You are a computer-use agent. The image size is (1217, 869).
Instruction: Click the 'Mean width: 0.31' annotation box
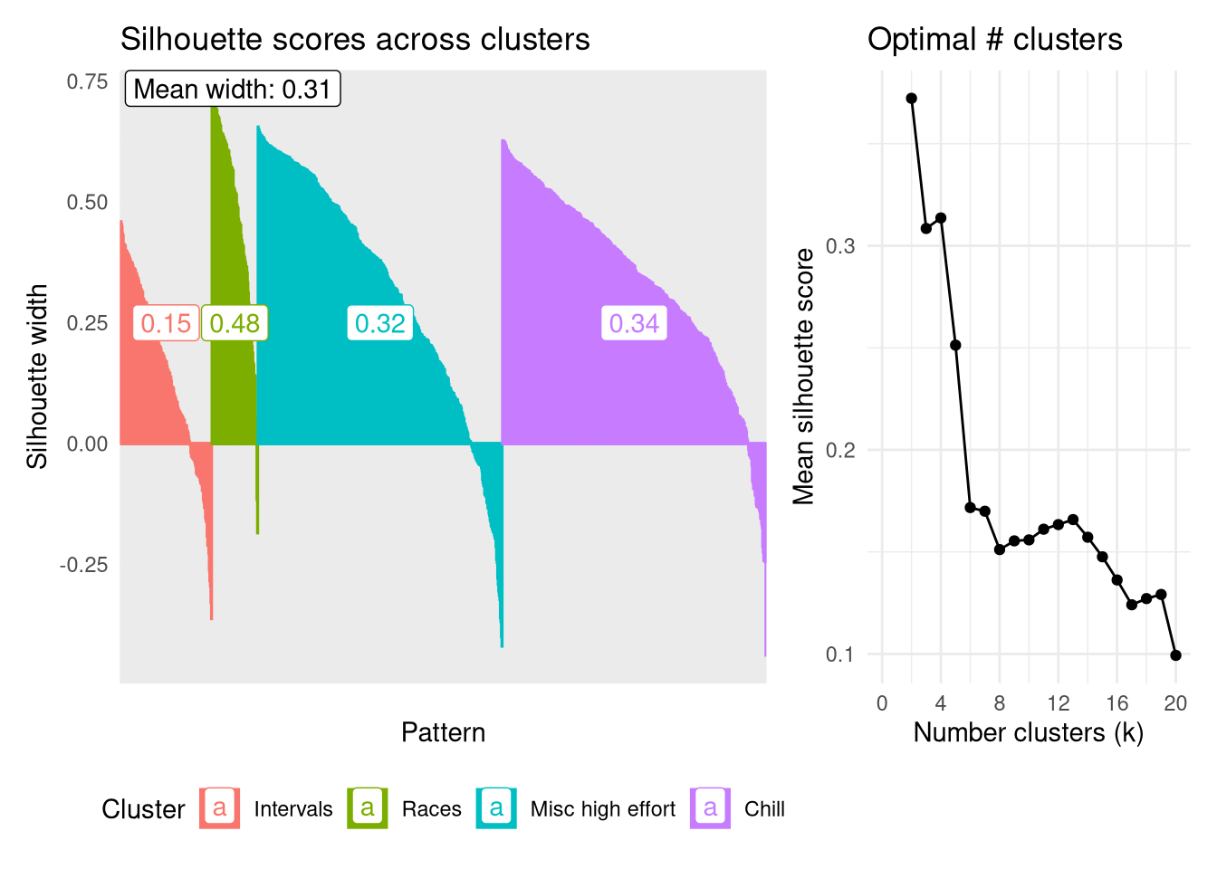[233, 89]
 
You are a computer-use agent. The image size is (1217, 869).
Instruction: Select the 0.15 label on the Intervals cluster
[167, 323]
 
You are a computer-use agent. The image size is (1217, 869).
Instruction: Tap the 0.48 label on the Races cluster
[235, 323]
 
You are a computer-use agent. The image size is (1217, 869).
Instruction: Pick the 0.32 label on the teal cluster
[380, 323]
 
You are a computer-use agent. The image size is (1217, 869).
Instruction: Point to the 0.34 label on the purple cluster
[634, 323]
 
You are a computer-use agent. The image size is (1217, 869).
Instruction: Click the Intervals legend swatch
[220, 808]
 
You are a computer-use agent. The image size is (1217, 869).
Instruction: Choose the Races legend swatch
[368, 808]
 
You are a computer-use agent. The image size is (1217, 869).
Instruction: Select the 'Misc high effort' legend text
[603, 809]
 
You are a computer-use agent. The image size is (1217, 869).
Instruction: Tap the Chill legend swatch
[711, 808]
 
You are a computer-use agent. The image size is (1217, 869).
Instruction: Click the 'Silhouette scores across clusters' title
[355, 40]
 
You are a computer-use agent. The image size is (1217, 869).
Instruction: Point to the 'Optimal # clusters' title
[994, 40]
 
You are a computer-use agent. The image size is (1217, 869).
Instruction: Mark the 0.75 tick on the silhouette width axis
[87, 81]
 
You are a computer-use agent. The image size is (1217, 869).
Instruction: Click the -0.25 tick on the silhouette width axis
[84, 565]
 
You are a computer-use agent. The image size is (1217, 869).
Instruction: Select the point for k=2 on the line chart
[911, 99]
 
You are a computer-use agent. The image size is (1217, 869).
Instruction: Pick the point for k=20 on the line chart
[1175, 655]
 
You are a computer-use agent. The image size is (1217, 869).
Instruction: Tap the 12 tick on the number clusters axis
[1058, 703]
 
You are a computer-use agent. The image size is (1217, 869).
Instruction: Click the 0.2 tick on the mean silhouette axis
[840, 450]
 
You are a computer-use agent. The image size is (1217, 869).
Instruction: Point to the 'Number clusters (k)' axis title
[1028, 732]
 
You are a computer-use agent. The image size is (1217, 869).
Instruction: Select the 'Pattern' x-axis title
[443, 732]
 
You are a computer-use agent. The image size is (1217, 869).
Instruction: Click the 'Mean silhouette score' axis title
[803, 376]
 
